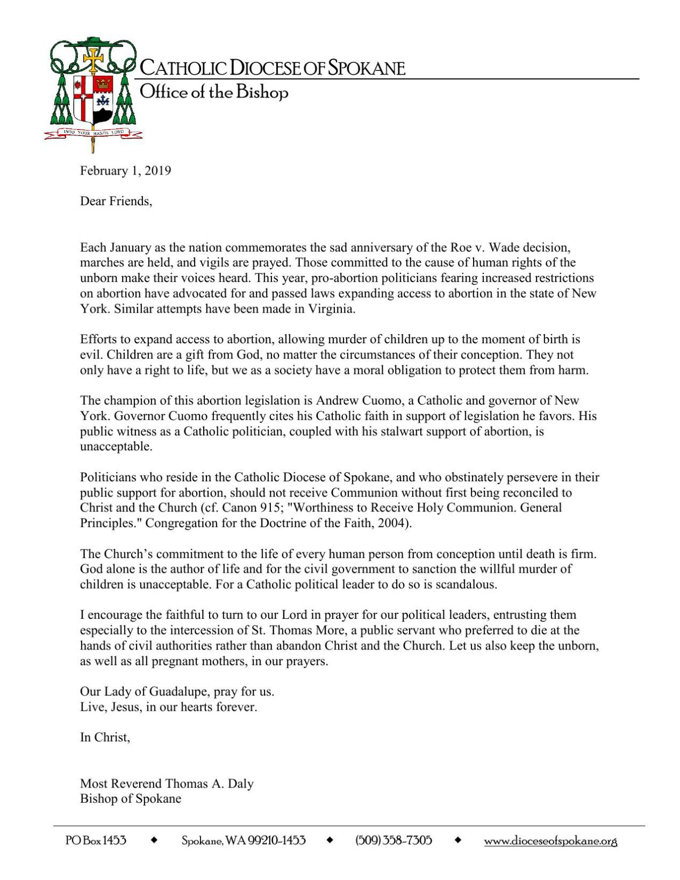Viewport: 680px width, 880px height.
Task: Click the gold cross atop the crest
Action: [94, 58]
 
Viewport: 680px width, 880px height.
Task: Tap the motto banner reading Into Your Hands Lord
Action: [94, 132]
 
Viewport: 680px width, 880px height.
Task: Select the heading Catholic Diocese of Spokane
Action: [272, 69]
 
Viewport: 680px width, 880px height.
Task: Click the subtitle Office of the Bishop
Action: [214, 92]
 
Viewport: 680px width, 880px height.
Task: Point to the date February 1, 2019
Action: [125, 171]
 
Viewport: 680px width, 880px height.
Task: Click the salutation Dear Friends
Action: [116, 201]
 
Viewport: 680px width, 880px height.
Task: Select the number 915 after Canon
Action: [268, 508]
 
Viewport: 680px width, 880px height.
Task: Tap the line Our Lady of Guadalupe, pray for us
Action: [177, 691]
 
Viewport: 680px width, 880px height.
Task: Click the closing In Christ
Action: [105, 738]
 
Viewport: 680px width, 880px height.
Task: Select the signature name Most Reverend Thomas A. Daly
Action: [167, 784]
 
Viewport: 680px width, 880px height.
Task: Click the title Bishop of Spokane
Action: [131, 799]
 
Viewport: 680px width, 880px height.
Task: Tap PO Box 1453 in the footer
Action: [96, 840]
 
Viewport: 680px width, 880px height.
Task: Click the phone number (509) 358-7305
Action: [393, 840]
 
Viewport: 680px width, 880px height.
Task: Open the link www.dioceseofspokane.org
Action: [550, 841]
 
